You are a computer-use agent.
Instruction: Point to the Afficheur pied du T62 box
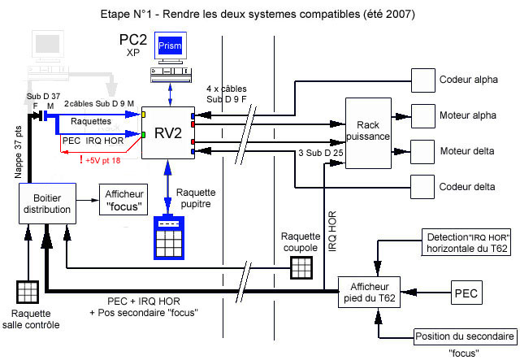coord(370,292)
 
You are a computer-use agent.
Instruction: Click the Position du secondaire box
coord(465,337)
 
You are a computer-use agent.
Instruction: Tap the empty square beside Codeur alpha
coord(423,80)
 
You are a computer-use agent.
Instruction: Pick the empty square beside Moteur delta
coord(423,151)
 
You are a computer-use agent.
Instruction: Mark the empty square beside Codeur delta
coord(423,187)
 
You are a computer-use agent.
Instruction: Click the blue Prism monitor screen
coord(171,47)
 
